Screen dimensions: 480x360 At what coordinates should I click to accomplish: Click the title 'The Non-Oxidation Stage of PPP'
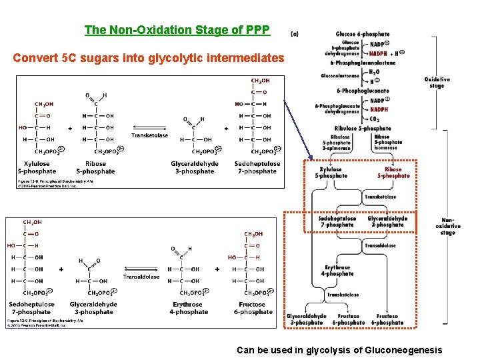click(x=177, y=30)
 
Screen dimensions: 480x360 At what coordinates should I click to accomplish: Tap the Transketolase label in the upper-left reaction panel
click(x=150, y=135)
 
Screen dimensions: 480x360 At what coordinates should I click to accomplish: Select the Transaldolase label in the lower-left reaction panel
click(x=141, y=277)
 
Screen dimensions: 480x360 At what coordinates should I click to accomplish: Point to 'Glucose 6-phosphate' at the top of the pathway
click(x=363, y=34)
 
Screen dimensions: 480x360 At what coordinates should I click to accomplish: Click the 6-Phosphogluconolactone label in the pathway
click(x=363, y=63)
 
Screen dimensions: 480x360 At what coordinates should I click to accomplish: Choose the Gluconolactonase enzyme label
click(x=340, y=76)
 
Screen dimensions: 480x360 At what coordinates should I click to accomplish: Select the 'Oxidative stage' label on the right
click(x=437, y=83)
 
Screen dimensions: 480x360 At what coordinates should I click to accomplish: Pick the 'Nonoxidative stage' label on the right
click(x=447, y=227)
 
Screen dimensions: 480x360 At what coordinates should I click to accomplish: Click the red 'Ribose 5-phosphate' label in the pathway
click(x=393, y=173)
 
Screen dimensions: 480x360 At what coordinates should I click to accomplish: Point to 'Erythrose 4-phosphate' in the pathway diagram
click(x=338, y=270)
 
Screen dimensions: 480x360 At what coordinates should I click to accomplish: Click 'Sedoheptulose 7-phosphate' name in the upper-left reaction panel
click(x=257, y=168)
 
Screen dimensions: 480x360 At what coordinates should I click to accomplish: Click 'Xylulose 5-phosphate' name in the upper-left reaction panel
click(x=37, y=168)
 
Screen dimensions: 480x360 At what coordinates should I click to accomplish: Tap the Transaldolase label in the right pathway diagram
click(x=381, y=245)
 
